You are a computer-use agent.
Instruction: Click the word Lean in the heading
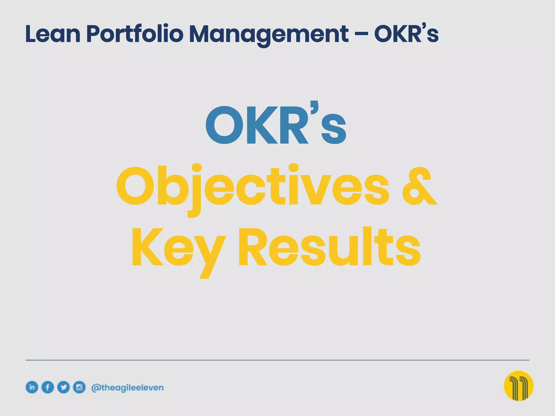(53, 34)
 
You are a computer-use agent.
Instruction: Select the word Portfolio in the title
(135, 34)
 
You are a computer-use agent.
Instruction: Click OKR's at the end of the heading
(406, 34)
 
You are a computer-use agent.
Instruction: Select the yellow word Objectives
(252, 187)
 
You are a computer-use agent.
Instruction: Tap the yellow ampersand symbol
(419, 187)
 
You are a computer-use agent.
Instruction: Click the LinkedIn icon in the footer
(32, 387)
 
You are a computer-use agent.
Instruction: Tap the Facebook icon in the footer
(48, 387)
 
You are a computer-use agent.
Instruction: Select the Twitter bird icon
(63, 387)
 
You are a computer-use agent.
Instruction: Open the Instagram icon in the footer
(79, 387)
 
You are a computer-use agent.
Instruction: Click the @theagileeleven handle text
(127, 388)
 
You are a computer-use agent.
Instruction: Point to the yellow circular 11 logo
(518, 386)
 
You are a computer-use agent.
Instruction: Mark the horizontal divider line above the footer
(277, 360)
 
